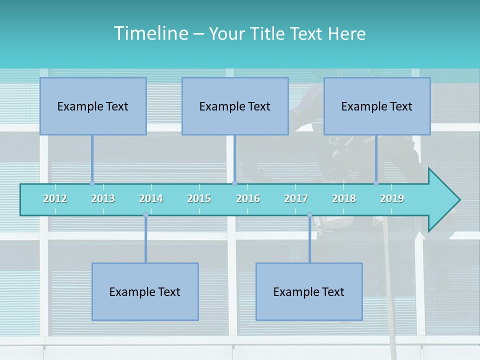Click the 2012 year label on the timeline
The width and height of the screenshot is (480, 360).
pos(55,198)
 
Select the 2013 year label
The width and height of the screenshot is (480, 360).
pos(103,198)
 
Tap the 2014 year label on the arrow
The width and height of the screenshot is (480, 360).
pos(151,198)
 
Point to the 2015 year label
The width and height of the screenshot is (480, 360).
pos(199,198)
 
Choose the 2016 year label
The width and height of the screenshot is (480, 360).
pos(248,198)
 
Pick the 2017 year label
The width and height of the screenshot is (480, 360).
pos(296,198)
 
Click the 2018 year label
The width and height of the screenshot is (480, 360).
pos(344,198)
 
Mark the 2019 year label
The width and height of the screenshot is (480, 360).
pos(392,198)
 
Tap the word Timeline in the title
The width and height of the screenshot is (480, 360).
pos(150,33)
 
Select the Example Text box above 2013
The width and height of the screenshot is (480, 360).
pos(93,106)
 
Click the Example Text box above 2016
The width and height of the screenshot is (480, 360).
pos(235,106)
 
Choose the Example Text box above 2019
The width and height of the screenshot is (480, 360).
pos(377,106)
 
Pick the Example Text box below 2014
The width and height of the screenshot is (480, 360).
pos(145,291)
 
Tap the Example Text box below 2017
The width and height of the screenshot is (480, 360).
pos(309,291)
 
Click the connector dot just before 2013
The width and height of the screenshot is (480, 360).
pos(92,183)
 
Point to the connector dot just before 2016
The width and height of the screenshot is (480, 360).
pos(234,183)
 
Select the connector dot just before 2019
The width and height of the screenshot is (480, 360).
pos(376,183)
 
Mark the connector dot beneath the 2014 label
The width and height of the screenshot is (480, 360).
pos(145,215)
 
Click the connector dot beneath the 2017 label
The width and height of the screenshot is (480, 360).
pos(309,215)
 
